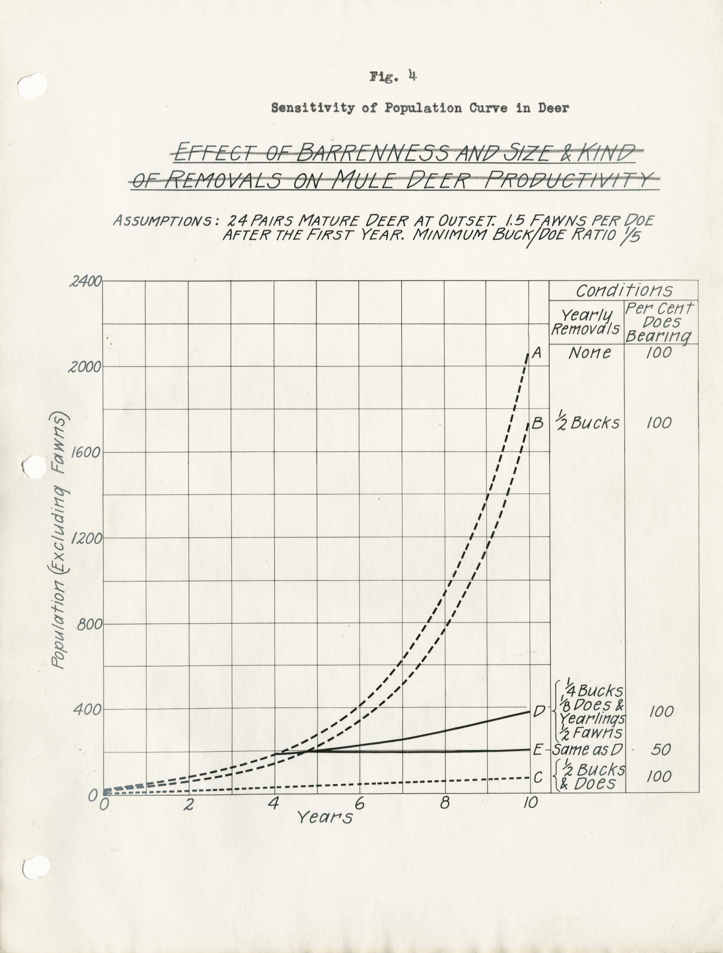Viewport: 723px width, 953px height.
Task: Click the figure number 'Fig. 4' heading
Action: [x=393, y=77]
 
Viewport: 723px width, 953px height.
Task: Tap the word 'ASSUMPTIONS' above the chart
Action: [x=163, y=221]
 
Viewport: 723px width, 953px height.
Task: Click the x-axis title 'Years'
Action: [x=325, y=817]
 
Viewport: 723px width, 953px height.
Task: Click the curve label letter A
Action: [x=537, y=353]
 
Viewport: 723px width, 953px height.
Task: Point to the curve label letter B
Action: [x=537, y=423]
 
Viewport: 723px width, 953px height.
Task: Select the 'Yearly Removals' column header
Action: [x=585, y=322]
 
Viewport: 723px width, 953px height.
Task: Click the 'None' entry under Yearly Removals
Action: [x=589, y=353]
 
